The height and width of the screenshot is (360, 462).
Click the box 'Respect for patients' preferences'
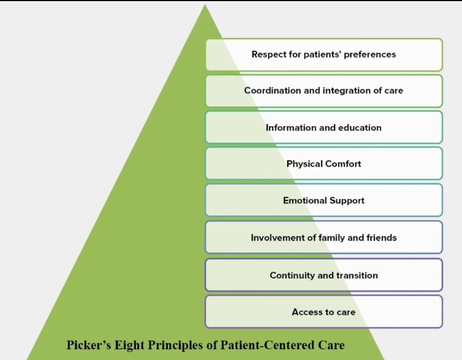click(x=323, y=55)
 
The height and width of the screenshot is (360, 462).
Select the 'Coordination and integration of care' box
click(x=323, y=90)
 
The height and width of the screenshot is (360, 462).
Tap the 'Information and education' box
click(x=323, y=127)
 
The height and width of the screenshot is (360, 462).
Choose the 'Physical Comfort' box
click(x=323, y=164)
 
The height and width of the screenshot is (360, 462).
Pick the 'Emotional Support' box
click(x=323, y=201)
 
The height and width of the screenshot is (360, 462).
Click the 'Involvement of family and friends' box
click(x=323, y=237)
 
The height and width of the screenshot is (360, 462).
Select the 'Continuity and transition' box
click(x=323, y=275)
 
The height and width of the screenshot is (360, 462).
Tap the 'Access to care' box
click(x=323, y=312)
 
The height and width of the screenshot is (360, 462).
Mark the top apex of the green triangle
click(x=205, y=5)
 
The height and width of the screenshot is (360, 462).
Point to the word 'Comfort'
click(x=343, y=164)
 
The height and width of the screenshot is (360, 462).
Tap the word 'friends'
click(x=382, y=237)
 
